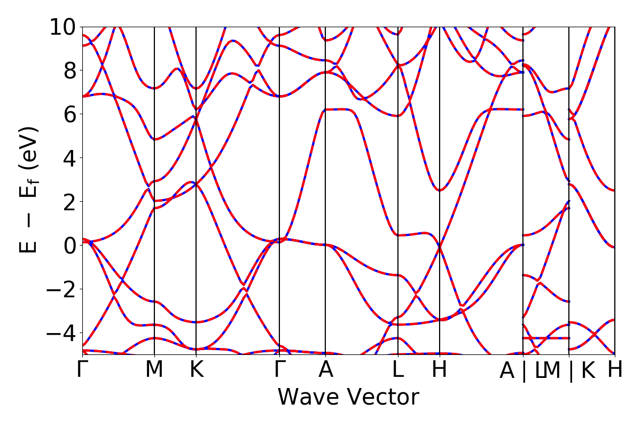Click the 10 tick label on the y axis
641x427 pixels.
[64, 27]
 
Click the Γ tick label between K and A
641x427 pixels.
[279, 370]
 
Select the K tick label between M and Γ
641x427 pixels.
[197, 370]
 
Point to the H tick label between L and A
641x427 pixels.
[439, 370]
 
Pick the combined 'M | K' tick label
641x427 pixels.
[569, 371]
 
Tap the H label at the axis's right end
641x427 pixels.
[615, 370]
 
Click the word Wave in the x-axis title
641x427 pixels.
[305, 398]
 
